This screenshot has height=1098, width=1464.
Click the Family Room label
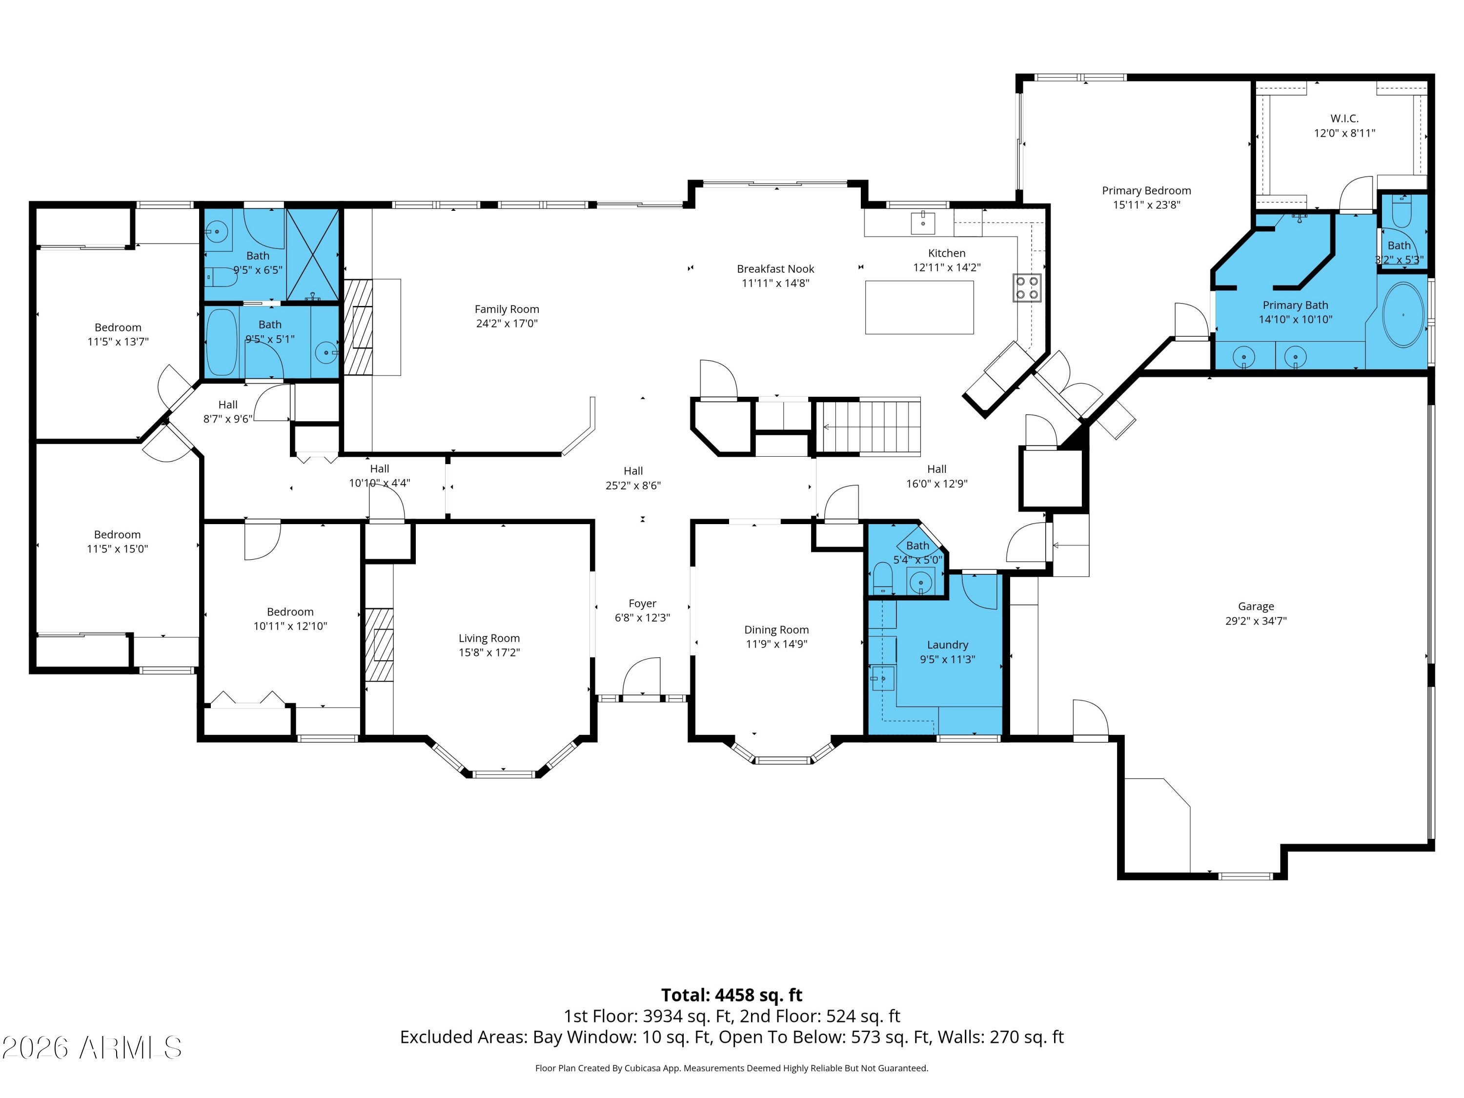point(507,309)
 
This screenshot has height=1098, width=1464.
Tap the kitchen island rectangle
point(919,307)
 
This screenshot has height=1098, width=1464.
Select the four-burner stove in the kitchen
point(1027,287)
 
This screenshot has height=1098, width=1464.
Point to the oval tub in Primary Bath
point(1403,315)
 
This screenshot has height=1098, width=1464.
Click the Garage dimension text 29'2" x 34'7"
point(1256,621)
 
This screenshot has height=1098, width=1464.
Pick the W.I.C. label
point(1344,119)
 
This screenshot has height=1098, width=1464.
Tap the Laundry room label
point(947,645)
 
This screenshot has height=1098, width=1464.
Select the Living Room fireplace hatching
point(379,645)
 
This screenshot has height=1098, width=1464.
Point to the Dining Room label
point(776,630)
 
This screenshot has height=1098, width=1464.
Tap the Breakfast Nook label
point(776,269)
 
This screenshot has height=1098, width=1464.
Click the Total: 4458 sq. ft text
point(732,995)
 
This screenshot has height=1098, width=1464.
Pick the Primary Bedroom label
point(1146,191)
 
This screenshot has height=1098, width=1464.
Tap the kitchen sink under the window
point(923,223)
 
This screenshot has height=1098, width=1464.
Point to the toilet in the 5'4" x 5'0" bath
point(882,578)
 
